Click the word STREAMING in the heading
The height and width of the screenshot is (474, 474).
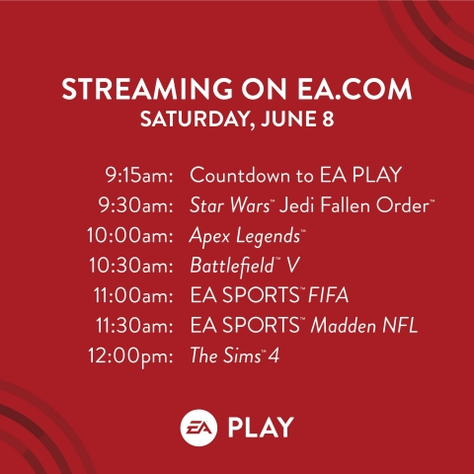coord(147,89)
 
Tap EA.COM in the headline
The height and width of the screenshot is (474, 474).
coord(355,89)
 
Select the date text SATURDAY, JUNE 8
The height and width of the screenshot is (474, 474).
coord(237,119)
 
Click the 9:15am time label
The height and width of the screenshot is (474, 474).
coord(139,175)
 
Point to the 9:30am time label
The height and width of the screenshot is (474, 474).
coord(135,205)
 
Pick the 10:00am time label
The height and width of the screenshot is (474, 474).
coord(130,236)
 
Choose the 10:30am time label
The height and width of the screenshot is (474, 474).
coord(131,266)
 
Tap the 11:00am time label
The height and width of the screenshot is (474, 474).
coord(133,295)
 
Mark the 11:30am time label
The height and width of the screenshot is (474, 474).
coord(134,326)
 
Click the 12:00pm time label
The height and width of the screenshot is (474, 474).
coord(130,356)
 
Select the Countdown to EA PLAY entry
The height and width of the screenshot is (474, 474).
coord(295,175)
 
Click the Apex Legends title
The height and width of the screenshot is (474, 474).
coord(246,237)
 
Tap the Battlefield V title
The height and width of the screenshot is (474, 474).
coord(245,266)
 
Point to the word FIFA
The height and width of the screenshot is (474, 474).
coord(328,295)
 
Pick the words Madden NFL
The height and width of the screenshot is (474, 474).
coord(364,326)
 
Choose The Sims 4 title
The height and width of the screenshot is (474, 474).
coord(235,355)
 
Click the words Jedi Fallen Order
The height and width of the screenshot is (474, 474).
coord(355,205)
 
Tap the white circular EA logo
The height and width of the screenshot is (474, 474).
coord(198,428)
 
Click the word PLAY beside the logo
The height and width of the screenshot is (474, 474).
coord(261,428)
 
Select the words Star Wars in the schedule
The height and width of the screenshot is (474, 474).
coord(229,205)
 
